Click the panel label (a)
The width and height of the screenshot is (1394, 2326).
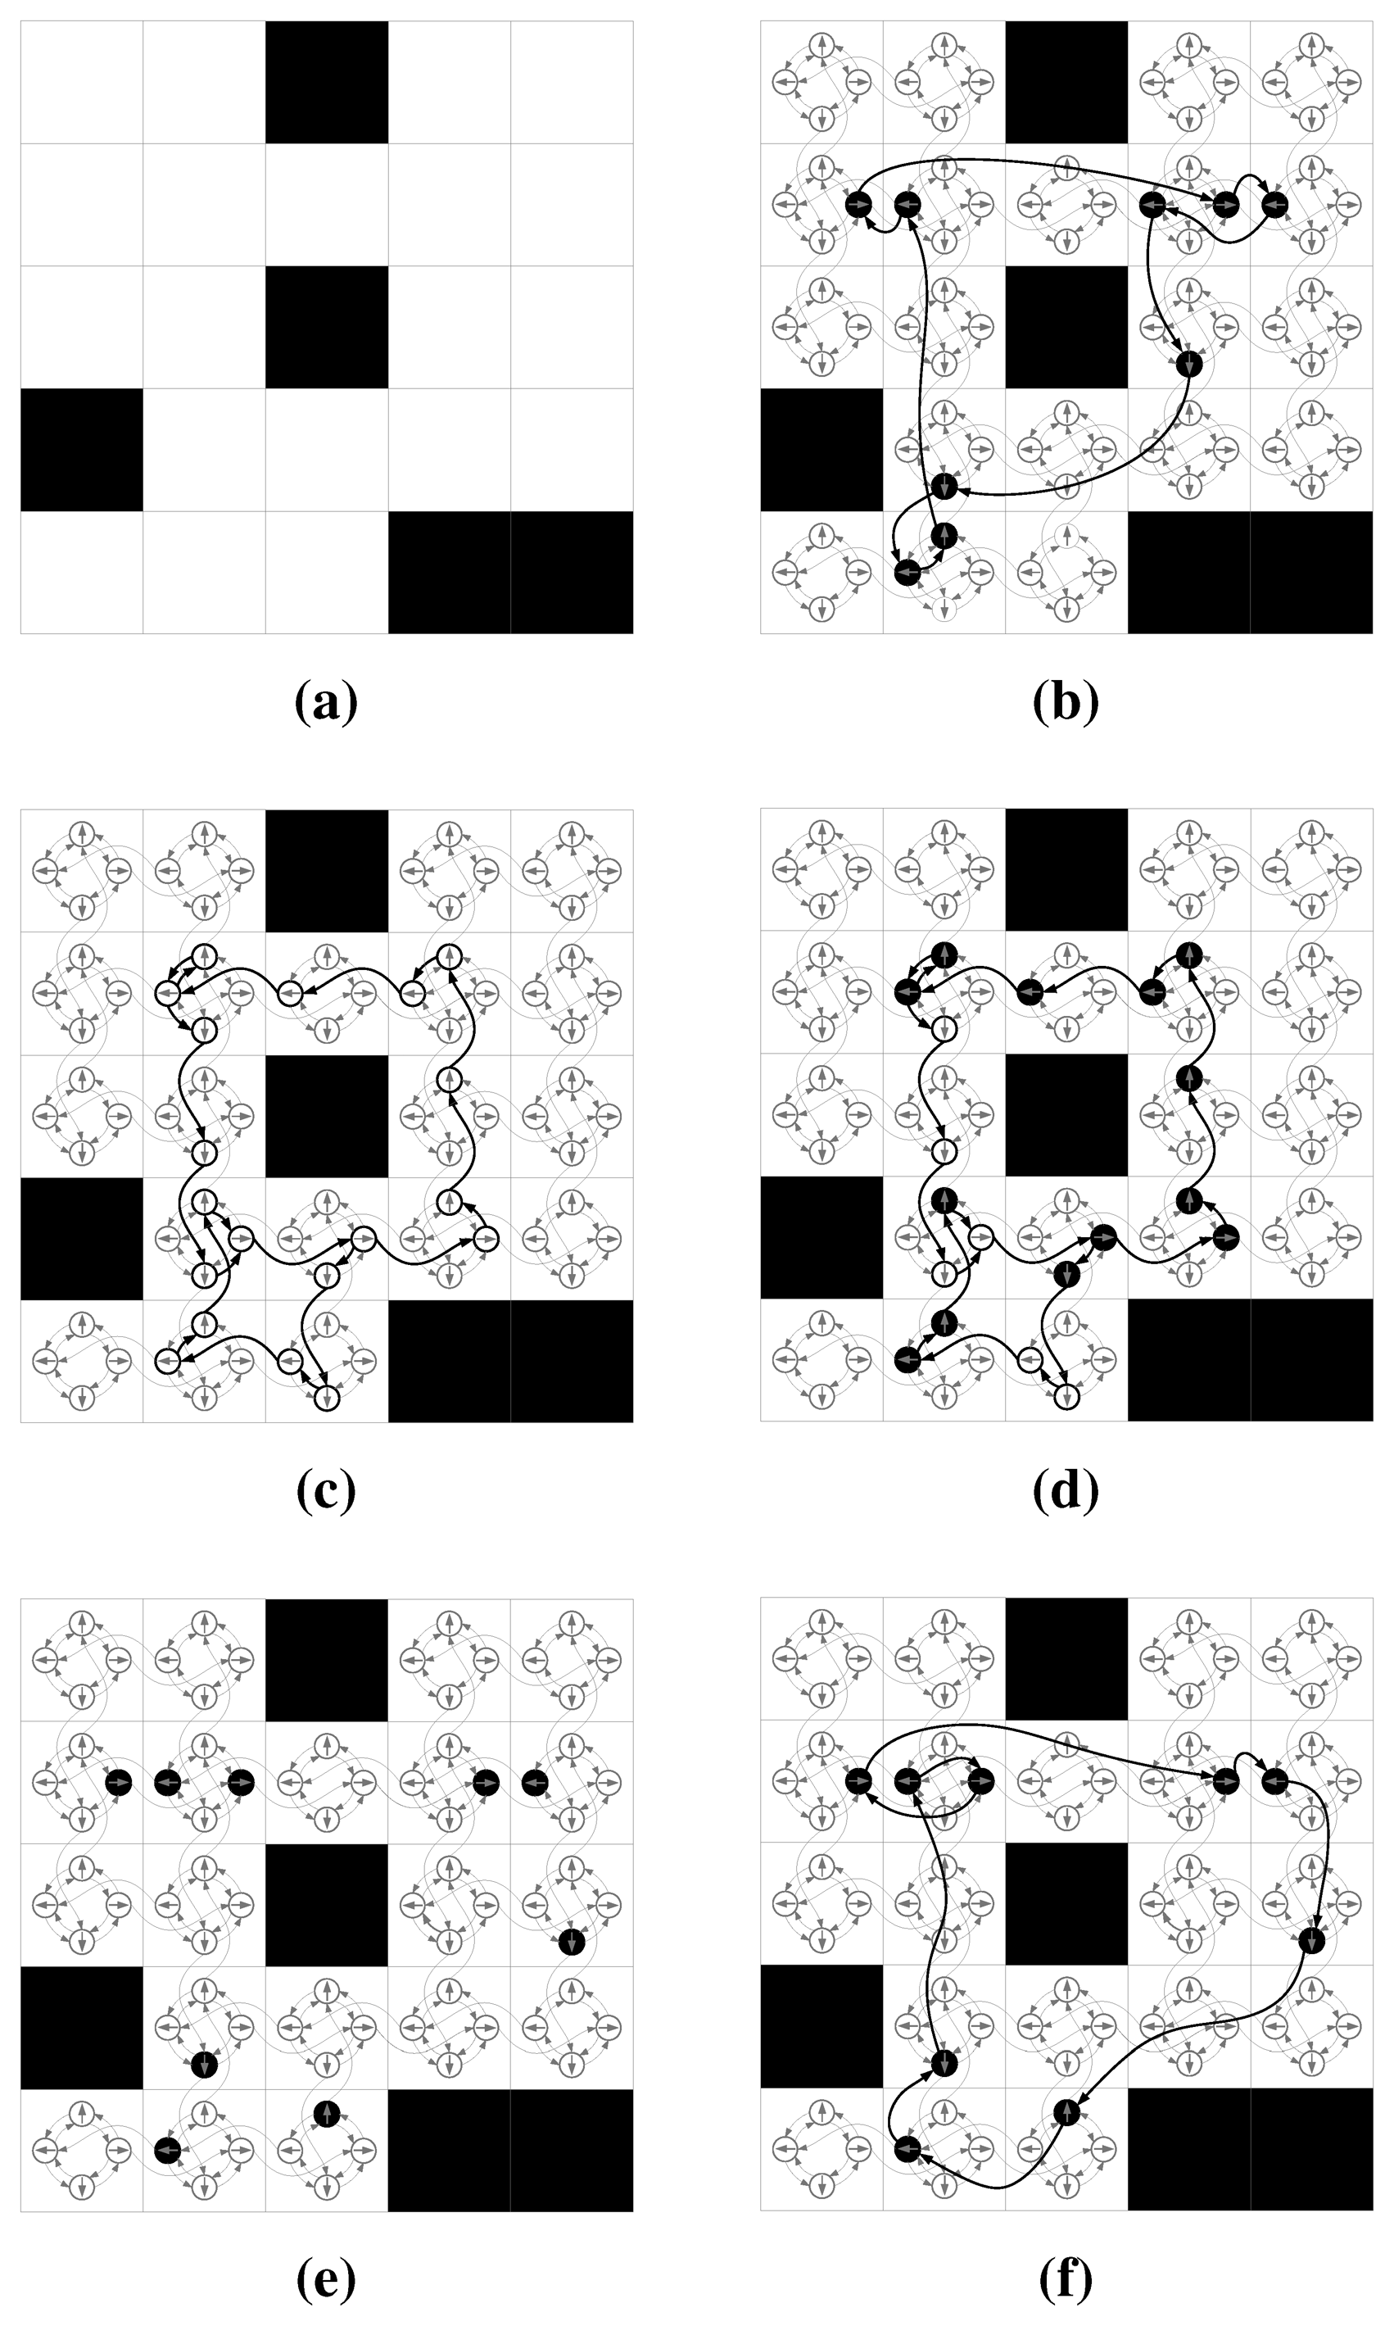pos(326,702)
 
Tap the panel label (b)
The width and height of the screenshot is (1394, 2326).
pos(1066,702)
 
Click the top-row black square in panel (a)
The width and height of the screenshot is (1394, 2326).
pos(327,83)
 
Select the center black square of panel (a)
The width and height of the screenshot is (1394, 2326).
pos(327,327)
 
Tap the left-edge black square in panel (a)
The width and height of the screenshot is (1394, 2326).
pos(82,450)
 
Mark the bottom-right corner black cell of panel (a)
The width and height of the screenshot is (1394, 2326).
pos(572,572)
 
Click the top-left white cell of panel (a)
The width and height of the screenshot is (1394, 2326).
pos(82,83)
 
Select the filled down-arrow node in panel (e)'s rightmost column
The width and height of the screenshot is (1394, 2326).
pos(572,1941)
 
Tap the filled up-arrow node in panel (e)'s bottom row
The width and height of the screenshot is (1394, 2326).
pos(326,2113)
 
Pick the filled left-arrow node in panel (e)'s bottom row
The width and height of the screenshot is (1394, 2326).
pos(167,2151)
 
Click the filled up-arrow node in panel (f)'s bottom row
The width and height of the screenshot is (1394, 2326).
pos(1066,2113)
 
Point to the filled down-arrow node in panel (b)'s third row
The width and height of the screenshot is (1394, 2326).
pos(1189,364)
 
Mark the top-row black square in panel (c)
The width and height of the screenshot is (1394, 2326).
pos(327,871)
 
